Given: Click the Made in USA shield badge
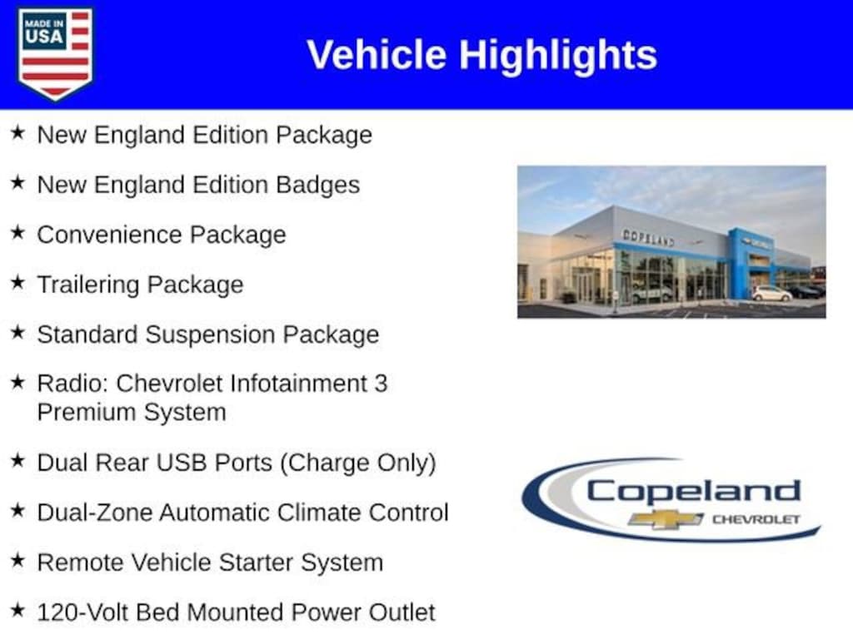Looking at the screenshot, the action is (55, 53).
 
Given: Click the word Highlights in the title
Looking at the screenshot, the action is (558, 56).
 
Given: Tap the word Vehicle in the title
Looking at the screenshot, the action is (377, 55).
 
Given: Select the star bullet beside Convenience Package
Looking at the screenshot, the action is (18, 232).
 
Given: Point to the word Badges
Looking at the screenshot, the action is (317, 186).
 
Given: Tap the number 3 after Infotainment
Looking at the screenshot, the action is (381, 384).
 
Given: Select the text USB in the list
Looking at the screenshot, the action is (183, 463).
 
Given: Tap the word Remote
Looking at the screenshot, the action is (81, 562).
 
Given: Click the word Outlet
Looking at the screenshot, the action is (402, 612).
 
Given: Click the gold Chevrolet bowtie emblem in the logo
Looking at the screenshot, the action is (666, 519).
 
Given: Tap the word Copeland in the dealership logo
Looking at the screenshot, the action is (693, 491).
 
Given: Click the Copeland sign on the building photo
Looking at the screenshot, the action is (648, 237).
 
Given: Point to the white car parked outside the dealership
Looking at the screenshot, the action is (771, 294).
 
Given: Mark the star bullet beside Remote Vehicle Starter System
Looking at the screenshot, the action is (18, 560).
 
